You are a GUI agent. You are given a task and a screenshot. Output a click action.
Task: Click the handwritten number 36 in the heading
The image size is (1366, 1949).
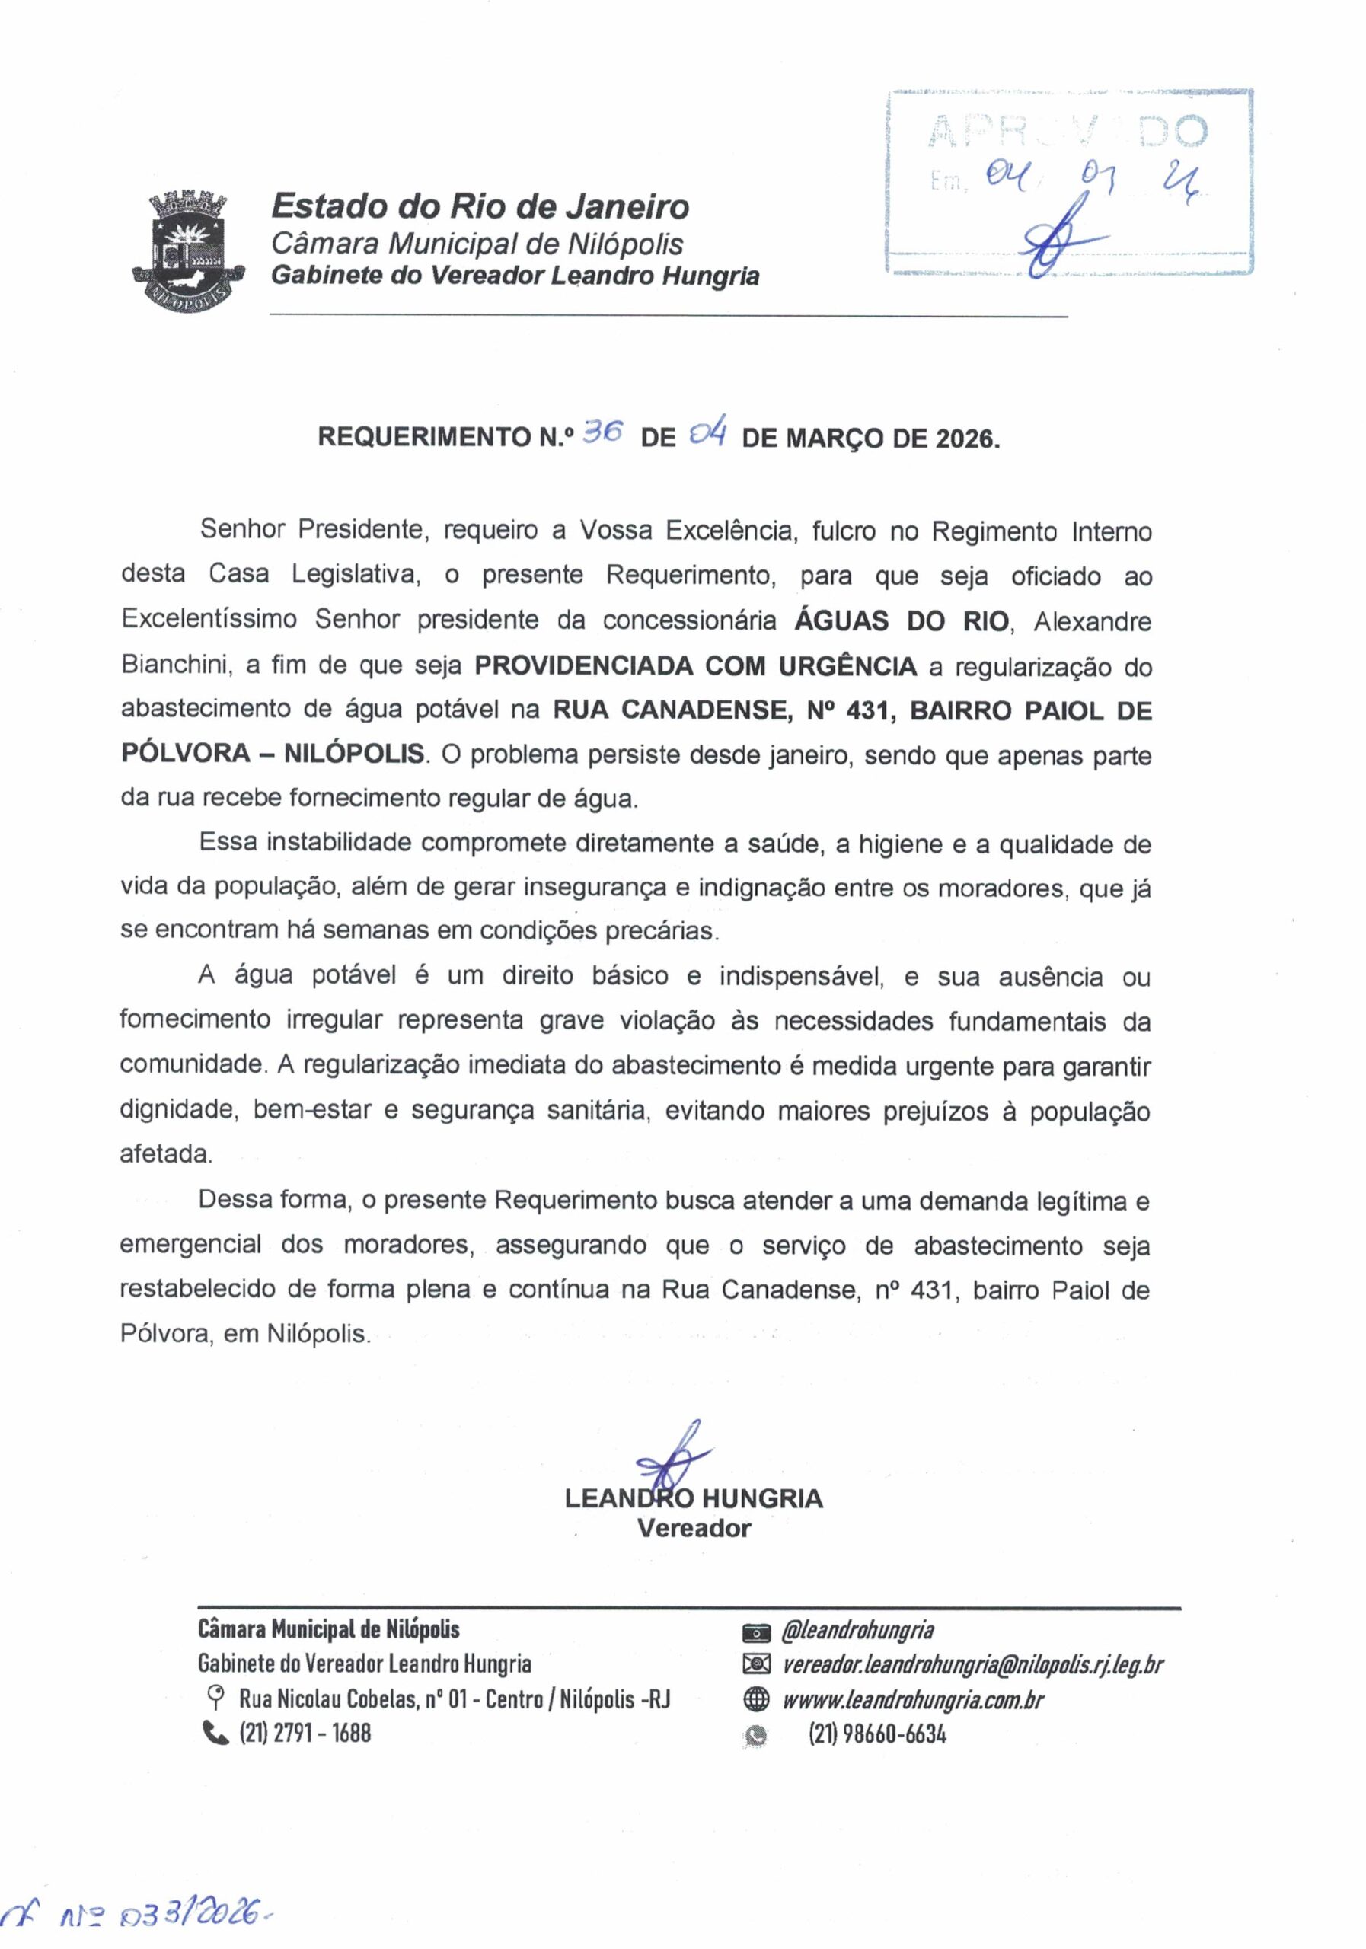point(604,433)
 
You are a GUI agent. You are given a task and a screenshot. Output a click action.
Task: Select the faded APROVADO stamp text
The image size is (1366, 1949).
point(1068,132)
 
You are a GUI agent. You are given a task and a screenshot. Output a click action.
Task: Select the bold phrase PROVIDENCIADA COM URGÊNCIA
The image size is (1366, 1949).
point(695,666)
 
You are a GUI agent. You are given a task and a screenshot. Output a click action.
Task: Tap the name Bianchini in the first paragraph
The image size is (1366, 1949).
point(175,666)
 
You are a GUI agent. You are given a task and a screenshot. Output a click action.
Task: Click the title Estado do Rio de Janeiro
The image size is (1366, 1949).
point(480,206)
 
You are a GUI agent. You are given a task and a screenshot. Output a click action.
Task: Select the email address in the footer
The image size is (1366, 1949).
point(972,1664)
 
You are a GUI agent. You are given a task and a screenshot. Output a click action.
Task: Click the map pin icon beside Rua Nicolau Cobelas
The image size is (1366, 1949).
point(215,1699)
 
